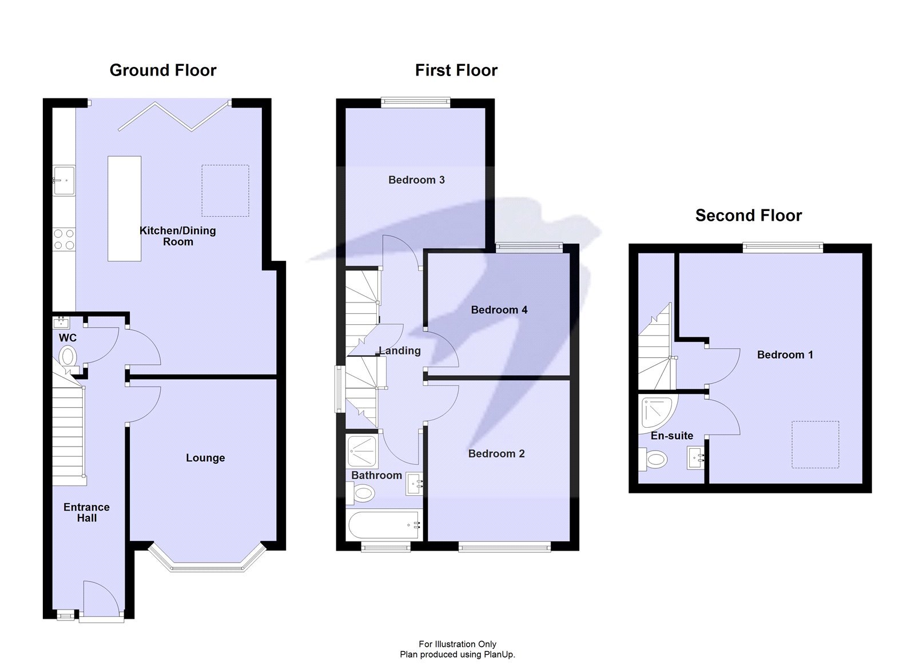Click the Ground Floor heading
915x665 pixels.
[x=163, y=70]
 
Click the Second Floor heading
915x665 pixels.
[x=748, y=216]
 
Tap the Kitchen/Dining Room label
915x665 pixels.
[x=178, y=236]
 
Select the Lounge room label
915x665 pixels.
[x=205, y=458]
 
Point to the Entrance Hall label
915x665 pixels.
[x=86, y=512]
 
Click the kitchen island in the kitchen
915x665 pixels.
[x=124, y=209]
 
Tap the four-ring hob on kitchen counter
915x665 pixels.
[x=64, y=239]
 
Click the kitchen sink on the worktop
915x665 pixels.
[x=63, y=180]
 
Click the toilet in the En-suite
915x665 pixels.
[x=653, y=459]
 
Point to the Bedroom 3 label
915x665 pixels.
[x=416, y=180]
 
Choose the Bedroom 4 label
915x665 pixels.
[x=499, y=310]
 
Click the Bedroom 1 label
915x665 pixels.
[x=785, y=355]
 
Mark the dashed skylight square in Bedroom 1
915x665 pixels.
[x=815, y=444]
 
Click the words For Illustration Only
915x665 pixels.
[x=457, y=644]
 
